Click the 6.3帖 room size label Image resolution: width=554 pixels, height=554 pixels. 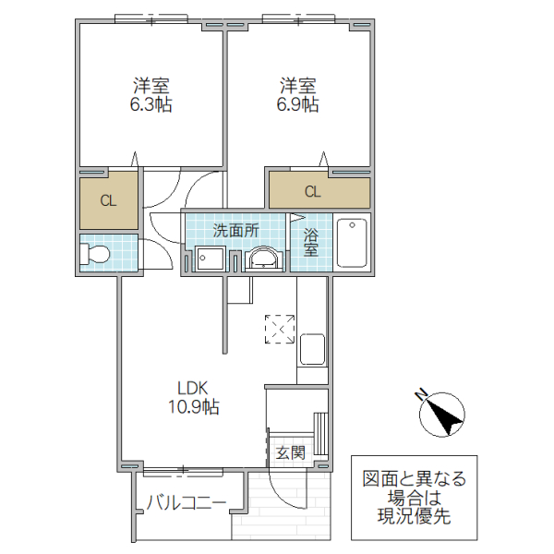coord(151,105)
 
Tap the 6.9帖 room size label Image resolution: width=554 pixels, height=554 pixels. coord(298,105)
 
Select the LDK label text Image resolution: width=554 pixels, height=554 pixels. coord(193,389)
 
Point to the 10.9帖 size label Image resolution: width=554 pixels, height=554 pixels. coord(193,407)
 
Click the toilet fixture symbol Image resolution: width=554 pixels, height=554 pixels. coord(95,254)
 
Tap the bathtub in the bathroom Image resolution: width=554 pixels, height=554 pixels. coord(352,243)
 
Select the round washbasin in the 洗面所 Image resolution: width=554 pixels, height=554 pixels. coord(263,259)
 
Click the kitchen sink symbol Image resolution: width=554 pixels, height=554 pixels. coord(312,349)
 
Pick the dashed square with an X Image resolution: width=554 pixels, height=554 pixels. coord(280,330)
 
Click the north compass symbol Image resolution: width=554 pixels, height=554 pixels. coord(442,414)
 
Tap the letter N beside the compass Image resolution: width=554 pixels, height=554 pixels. coord(421,394)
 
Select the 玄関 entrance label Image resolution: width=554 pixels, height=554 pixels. coord(291,453)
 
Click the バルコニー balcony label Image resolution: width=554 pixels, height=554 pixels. coord(187,502)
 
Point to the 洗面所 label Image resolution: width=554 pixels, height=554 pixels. coord(236,231)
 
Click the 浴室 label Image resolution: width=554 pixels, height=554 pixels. coord(311,242)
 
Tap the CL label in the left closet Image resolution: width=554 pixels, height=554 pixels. coord(108,200)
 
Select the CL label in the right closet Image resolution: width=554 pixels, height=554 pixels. coord(313,192)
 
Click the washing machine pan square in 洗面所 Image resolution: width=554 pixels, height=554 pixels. coord(211,259)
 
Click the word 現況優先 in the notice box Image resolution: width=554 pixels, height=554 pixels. coord(414,516)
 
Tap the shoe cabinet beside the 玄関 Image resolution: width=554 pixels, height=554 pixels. coord(320,433)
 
